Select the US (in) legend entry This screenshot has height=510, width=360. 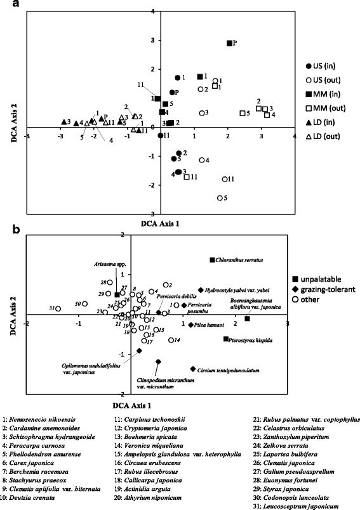(x=328, y=67)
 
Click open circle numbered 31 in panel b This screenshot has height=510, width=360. (x=58, y=308)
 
